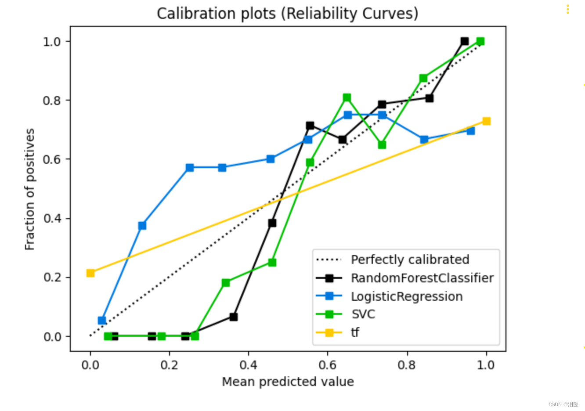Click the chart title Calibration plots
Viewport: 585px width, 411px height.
coord(287,13)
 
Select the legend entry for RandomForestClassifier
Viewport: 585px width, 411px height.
coord(422,278)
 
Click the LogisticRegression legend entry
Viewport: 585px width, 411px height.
coord(406,296)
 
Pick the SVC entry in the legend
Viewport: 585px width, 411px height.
coord(363,314)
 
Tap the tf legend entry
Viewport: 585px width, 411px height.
coord(355,332)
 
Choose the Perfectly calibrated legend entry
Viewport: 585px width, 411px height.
coord(410,260)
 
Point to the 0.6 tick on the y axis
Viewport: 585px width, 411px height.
coord(51,159)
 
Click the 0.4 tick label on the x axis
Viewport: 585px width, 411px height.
coord(248,365)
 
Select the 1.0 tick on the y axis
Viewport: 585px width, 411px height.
coord(51,41)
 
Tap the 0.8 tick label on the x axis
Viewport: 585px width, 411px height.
coord(407,365)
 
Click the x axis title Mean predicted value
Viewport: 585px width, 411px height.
coord(288,382)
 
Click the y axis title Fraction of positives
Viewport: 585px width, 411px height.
coord(29,189)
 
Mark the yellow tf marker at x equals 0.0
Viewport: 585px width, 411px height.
coord(90,273)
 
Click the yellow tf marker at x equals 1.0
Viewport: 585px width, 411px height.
coord(486,121)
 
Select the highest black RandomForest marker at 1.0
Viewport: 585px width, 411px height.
coord(465,41)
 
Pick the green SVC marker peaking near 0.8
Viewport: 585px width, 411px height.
coord(347,97)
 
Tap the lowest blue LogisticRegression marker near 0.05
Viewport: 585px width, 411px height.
coord(102,321)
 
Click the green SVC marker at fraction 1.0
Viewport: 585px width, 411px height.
coord(480,41)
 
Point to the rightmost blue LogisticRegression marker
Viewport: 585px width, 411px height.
coord(471,130)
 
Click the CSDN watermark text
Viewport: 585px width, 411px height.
coord(563,404)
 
